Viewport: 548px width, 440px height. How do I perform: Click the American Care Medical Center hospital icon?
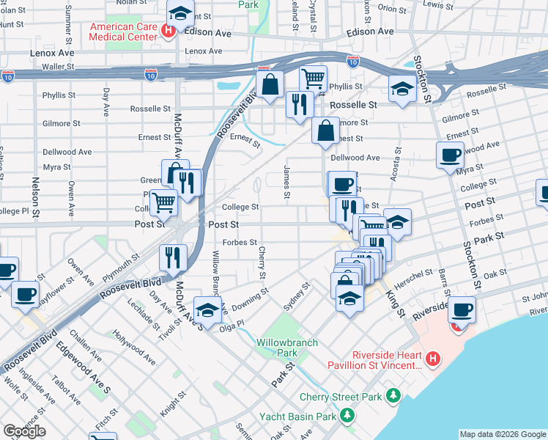coord(169,31)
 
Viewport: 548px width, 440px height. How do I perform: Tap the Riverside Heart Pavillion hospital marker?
coord(433,359)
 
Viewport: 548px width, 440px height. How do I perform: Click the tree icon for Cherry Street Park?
coord(394,397)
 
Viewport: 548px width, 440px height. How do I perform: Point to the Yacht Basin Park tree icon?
coord(347,417)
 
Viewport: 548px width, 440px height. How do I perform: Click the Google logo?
coord(24,431)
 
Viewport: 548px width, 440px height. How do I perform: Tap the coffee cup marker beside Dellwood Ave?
coord(449,155)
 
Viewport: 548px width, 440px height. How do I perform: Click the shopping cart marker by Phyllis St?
coord(313,77)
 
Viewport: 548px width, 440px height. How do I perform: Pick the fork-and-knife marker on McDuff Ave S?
coord(174,256)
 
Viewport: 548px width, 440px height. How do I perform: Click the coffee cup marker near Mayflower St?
coord(26,294)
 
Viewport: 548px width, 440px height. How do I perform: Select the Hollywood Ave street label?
coord(134,348)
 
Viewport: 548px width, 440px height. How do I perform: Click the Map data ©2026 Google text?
coord(502,434)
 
